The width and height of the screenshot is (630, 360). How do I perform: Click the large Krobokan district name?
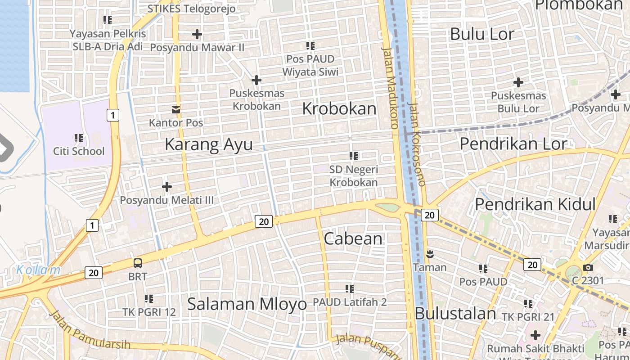pyautogui.click(x=339, y=109)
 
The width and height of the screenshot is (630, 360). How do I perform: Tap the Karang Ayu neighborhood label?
pyautogui.click(x=208, y=144)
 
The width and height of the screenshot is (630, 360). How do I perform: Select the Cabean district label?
pyautogui.click(x=353, y=239)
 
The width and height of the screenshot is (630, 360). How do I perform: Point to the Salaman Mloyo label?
pyautogui.click(x=247, y=304)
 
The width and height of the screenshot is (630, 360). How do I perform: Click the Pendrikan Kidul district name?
pyautogui.click(x=535, y=204)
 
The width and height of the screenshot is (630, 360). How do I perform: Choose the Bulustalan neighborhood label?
pyautogui.click(x=455, y=314)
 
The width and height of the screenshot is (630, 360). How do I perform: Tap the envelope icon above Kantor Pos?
pyautogui.click(x=176, y=110)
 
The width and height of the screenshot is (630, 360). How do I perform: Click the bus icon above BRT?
pyautogui.click(x=138, y=263)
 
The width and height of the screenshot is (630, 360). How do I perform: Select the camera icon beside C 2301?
pyautogui.click(x=588, y=268)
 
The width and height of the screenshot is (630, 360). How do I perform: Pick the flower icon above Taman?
pyautogui.click(x=430, y=255)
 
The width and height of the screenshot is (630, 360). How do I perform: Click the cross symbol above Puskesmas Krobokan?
pyautogui.click(x=256, y=81)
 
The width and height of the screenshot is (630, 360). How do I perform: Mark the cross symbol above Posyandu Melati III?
pyautogui.click(x=167, y=187)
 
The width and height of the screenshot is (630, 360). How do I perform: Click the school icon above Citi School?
pyautogui.click(x=79, y=138)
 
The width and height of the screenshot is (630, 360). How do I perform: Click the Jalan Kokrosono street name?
pyautogui.click(x=416, y=144)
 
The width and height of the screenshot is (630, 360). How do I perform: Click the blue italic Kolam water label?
pyautogui.click(x=38, y=270)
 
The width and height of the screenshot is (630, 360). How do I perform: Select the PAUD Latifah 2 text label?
pyautogui.click(x=350, y=302)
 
